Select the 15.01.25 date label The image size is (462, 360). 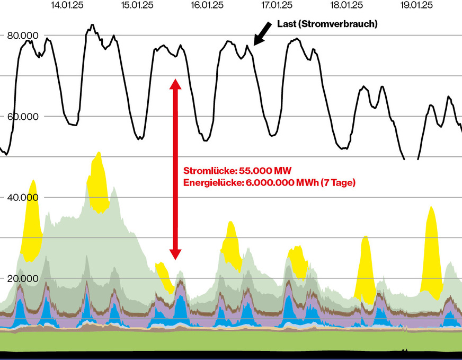[x=137, y=5]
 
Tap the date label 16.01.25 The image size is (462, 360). [x=207, y=5]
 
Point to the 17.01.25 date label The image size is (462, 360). [x=277, y=5]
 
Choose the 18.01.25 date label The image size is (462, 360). [x=346, y=5]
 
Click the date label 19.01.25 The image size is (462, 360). [x=417, y=5]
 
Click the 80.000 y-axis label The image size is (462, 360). [x=22, y=36]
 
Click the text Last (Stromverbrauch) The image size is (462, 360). [x=327, y=24]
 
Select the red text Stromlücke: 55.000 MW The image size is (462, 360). [x=237, y=171]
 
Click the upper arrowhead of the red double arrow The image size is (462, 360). [x=175, y=83]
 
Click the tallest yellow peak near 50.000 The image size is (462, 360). [x=98, y=180]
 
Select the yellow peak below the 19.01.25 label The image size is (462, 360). [x=431, y=249]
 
